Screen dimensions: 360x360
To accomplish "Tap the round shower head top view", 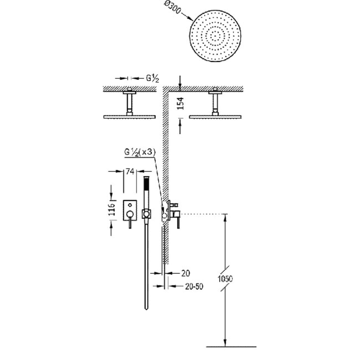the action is click(x=216, y=36).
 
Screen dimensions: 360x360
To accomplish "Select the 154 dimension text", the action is click(x=181, y=103).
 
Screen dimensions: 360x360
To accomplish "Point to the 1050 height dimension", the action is click(x=225, y=279).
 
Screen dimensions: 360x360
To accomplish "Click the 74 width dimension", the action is click(x=130, y=171).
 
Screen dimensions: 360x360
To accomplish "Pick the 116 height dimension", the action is click(x=112, y=209).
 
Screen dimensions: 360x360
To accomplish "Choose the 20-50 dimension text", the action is click(x=194, y=287).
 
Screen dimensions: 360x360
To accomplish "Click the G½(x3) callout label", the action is click(x=140, y=152).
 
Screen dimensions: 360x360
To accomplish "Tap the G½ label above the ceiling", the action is click(x=153, y=78).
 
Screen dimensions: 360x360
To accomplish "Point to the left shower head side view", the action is click(x=130, y=117).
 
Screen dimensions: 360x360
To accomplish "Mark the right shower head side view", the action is click(x=216, y=117).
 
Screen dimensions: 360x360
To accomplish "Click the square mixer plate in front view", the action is click(x=130, y=210).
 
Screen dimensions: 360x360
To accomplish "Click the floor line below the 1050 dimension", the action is click(x=231, y=346).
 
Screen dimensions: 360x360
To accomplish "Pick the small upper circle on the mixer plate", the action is click(x=130, y=205).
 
